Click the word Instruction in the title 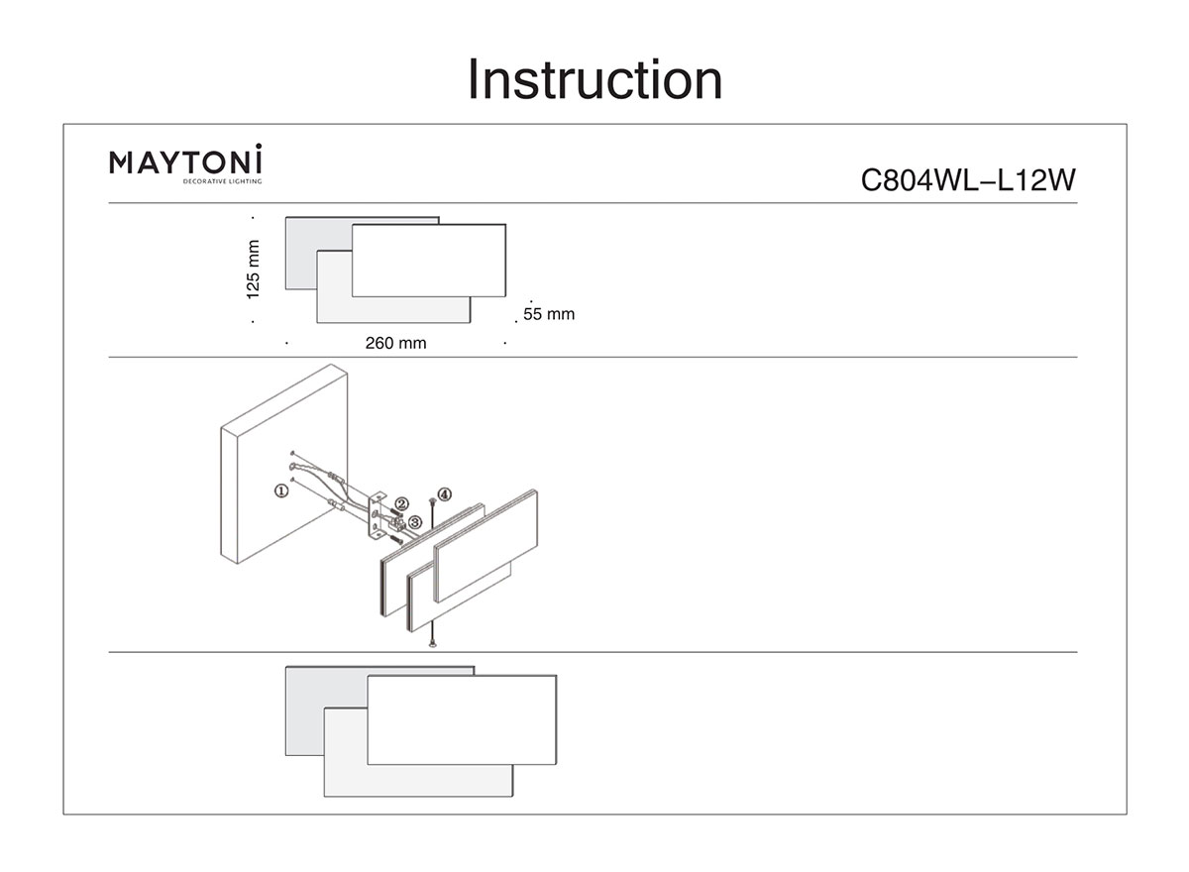click(594, 80)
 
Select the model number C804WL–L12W click(967, 181)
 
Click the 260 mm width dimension click(395, 344)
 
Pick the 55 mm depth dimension click(548, 314)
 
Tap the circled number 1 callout click(281, 490)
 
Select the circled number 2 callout click(401, 504)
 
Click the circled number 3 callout click(415, 520)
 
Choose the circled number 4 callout click(445, 493)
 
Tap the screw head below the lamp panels click(432, 645)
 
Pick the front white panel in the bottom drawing click(461, 719)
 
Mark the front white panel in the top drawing click(428, 260)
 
